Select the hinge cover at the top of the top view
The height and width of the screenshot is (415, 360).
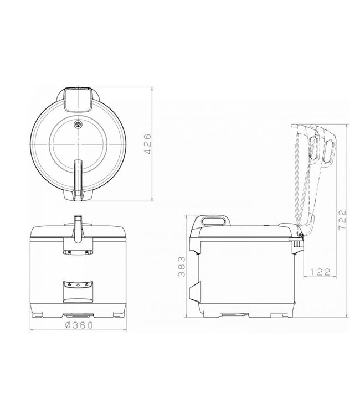click(78, 98)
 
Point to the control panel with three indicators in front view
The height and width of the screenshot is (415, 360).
click(78, 286)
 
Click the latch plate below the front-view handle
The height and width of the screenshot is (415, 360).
click(78, 251)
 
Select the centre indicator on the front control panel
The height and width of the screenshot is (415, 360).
click(78, 286)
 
